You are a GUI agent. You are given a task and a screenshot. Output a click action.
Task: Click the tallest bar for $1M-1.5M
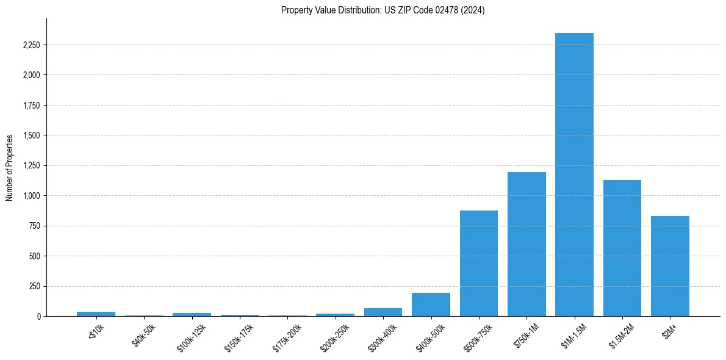574,175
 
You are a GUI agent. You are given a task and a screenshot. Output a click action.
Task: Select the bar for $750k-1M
527,244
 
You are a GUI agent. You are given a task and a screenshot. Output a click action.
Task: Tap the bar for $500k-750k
479,263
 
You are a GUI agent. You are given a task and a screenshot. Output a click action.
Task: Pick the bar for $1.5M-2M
622,248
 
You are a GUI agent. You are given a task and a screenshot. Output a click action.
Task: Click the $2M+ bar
670,266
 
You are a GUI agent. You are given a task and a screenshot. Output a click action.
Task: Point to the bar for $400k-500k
431,304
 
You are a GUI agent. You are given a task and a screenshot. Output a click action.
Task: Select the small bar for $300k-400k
383,312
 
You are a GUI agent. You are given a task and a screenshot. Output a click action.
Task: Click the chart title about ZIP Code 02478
383,10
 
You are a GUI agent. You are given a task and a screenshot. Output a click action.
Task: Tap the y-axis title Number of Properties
10,168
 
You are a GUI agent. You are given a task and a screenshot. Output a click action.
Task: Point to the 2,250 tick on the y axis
31,45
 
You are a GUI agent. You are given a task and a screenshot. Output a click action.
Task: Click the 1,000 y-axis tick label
31,196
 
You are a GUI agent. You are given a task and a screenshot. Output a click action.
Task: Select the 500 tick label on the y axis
34,256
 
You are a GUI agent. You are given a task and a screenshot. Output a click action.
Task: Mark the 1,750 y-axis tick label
31,106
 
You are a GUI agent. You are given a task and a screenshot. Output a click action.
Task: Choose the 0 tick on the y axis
38,316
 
